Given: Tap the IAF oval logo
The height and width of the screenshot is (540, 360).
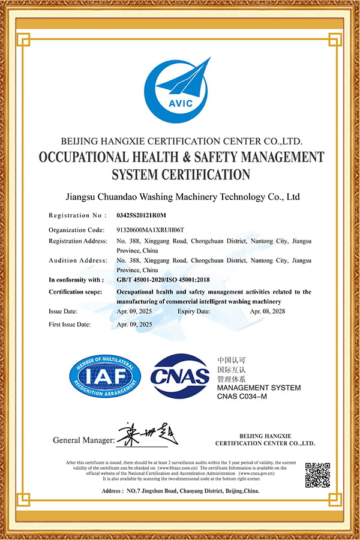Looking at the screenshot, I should pos(105,377).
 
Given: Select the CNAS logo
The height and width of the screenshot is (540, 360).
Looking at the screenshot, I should pos(180,377).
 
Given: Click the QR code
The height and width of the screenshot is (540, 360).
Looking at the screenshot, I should pos(317,474).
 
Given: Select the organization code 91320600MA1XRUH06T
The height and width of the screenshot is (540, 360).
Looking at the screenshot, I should pos(150,230).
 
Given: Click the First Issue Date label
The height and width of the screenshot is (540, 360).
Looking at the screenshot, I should pos(70,324).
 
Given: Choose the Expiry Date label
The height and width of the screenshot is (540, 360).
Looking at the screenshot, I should pos(194,312).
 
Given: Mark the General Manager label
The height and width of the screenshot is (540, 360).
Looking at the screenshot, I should pos(83,440).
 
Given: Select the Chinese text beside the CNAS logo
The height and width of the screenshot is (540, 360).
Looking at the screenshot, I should pos(231,371).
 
